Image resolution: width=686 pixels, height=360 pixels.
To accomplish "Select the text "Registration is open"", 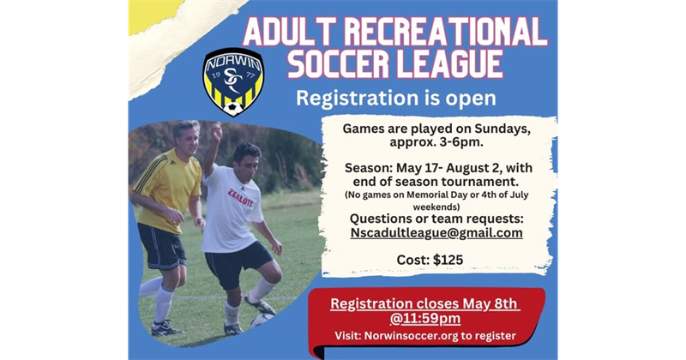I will [395, 98].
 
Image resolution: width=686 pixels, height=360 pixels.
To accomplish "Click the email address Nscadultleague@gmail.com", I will [436, 232].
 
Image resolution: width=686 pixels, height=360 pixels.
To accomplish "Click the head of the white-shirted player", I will [247, 155].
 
